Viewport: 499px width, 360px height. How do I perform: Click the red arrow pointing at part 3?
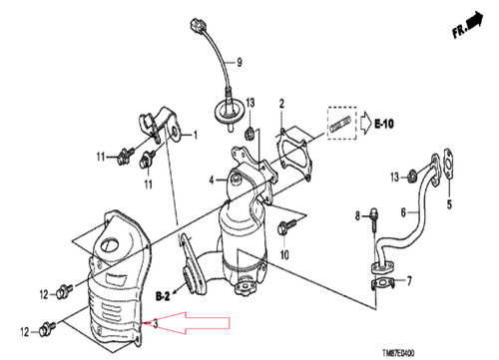(x=193, y=322)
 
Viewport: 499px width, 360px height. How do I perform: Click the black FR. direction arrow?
(x=475, y=20)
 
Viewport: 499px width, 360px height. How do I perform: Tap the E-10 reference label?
(x=384, y=124)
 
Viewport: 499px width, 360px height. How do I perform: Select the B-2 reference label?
(x=163, y=296)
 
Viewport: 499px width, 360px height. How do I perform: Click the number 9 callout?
(x=240, y=62)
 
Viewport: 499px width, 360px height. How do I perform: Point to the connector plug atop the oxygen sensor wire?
(x=198, y=26)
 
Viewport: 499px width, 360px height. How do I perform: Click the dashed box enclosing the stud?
(x=341, y=123)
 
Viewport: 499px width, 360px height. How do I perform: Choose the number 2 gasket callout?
(x=281, y=104)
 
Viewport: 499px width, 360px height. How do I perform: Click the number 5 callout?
(x=449, y=204)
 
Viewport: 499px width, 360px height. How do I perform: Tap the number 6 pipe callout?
(x=403, y=212)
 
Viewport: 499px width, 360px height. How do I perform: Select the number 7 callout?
(x=409, y=281)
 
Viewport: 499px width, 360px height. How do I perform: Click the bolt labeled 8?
(x=374, y=219)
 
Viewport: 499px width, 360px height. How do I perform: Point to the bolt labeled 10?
(x=285, y=227)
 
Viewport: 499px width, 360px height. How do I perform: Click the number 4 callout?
(x=212, y=180)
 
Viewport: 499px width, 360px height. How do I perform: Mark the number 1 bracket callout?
(x=196, y=135)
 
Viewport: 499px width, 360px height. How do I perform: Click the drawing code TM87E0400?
(x=398, y=353)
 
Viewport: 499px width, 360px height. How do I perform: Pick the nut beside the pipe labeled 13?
(x=413, y=176)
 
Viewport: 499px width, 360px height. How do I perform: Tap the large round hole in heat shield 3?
(x=110, y=245)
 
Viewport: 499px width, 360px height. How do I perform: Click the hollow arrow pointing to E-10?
(x=366, y=124)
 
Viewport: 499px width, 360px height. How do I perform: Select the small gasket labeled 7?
(x=381, y=283)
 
